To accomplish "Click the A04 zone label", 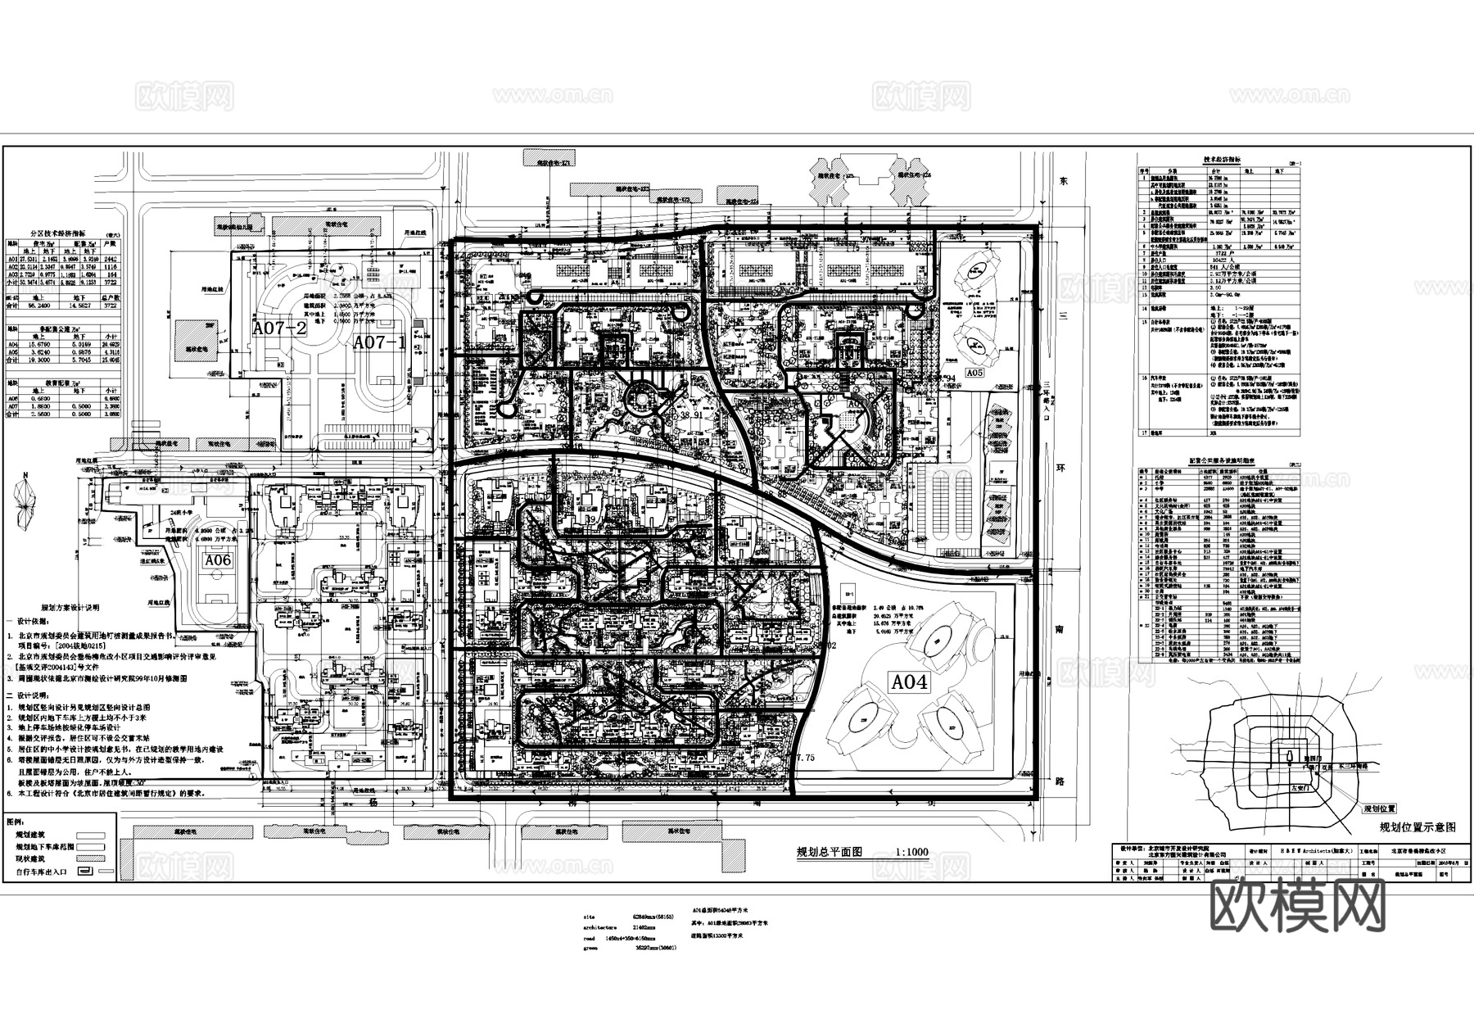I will pyautogui.click(x=909, y=682).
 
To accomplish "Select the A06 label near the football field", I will pyautogui.click(x=218, y=560).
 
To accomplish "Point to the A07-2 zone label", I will pyautogui.click(x=279, y=329).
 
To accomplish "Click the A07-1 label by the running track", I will pyautogui.click(x=379, y=343).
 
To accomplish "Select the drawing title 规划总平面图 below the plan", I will pyautogui.click(x=830, y=852).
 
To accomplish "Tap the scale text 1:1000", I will pyautogui.click(x=912, y=852).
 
